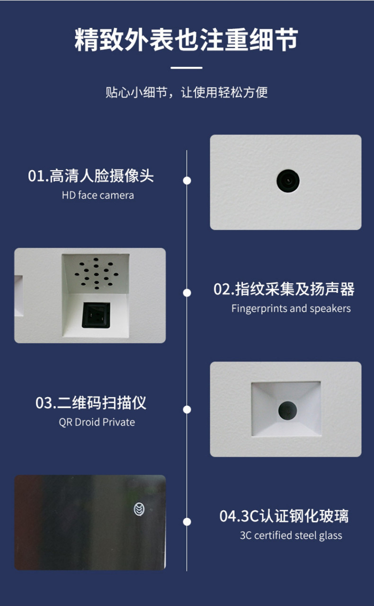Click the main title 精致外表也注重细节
coord(186,40)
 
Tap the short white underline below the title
coord(187,68)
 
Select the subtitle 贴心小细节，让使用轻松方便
coord(187,92)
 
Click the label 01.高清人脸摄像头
coord(91,176)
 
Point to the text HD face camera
coord(98,195)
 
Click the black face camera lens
coord(288,181)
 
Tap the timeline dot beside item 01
coord(187,181)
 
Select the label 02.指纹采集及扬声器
coord(284,289)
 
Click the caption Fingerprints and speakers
coord(291,308)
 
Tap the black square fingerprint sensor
coord(96,315)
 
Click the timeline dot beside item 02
coord(187,293)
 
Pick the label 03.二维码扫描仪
coord(91,403)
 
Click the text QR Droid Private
coord(97,422)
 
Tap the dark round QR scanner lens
coord(287,410)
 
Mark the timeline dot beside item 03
coord(187,409)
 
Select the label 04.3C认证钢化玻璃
coord(284,516)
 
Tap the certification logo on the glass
coord(139,510)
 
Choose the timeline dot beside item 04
coord(187,522)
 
